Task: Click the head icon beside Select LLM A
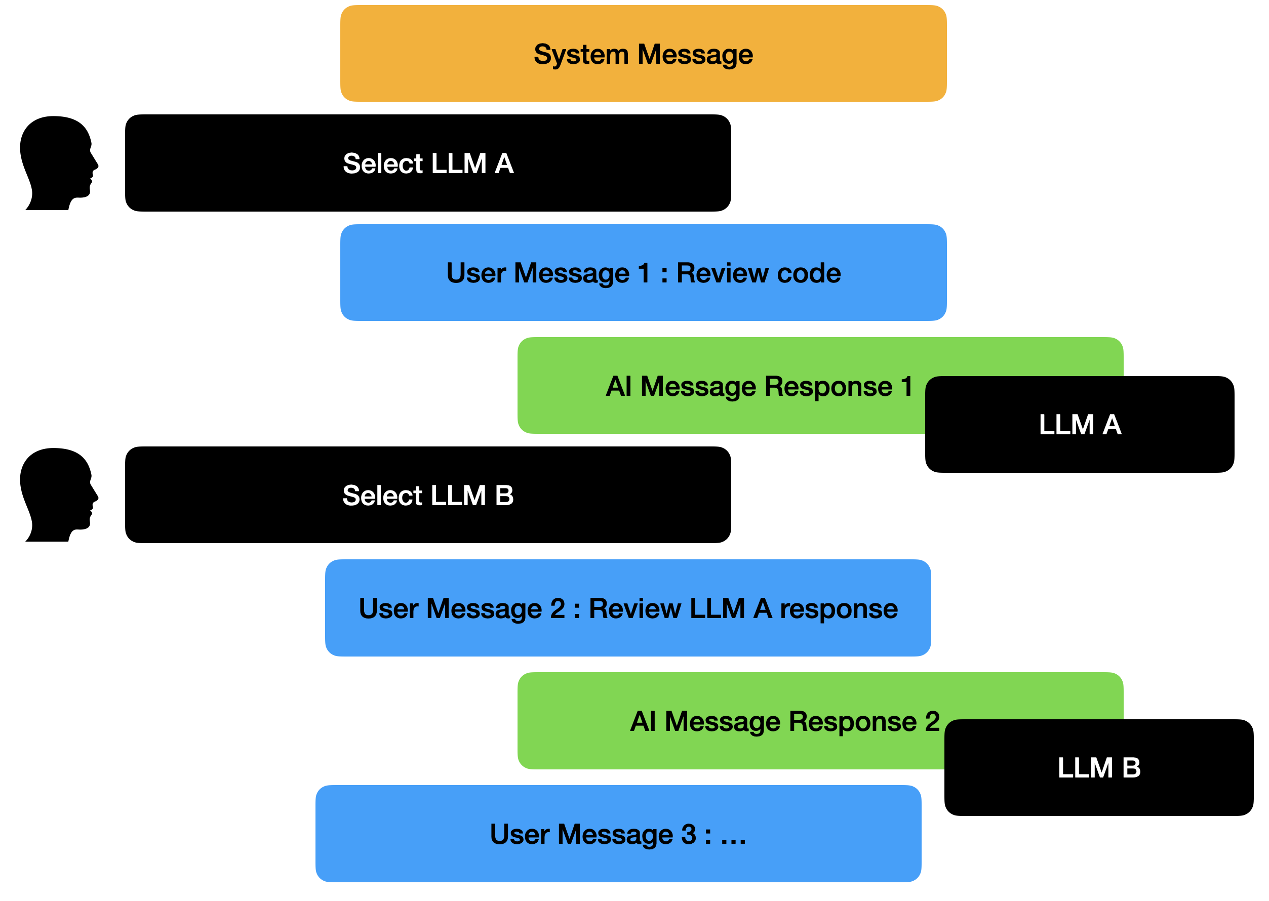point(58,162)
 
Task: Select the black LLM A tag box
point(1079,424)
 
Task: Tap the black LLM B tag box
point(1098,768)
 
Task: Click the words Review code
point(758,273)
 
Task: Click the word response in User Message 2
point(839,608)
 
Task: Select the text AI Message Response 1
point(759,386)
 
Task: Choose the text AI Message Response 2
point(784,721)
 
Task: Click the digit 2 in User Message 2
point(557,608)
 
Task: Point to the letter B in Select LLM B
point(504,496)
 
